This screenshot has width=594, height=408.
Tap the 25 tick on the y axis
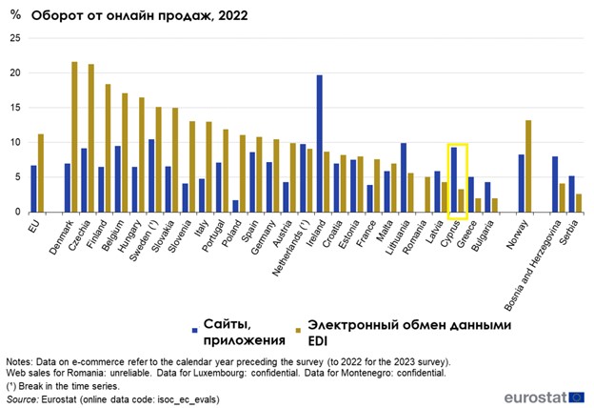point(14,38)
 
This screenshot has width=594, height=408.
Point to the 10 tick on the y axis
point(14,142)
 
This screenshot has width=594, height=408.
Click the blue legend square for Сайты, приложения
point(193,330)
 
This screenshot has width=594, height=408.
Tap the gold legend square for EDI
point(297,330)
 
